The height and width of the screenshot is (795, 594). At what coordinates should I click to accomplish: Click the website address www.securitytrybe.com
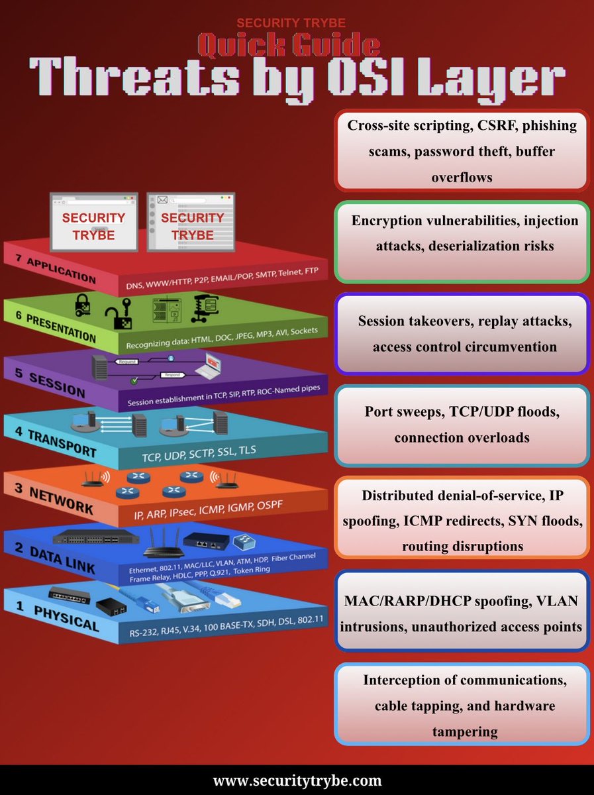(297, 780)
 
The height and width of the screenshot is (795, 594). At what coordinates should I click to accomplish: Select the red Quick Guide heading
(289, 45)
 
